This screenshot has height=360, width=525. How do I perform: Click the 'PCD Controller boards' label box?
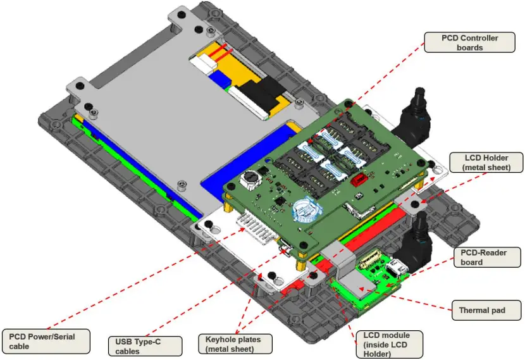pyautogui.click(x=469, y=43)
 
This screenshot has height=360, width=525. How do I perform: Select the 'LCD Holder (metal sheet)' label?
pyautogui.click(x=486, y=162)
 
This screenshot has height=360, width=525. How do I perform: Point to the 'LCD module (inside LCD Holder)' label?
pyautogui.click(x=387, y=344)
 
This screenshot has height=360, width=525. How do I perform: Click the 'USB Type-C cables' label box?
pyautogui.click(x=144, y=346)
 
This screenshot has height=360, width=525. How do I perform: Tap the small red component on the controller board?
pyautogui.click(x=359, y=180)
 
